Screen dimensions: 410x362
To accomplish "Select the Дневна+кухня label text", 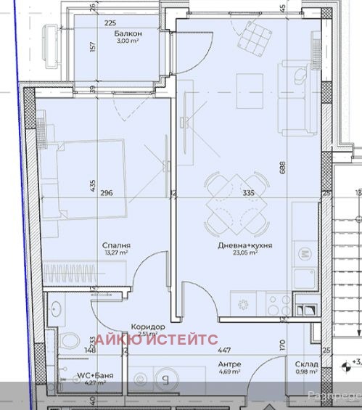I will point(245,246).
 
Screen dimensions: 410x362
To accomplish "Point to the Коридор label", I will point(144,327).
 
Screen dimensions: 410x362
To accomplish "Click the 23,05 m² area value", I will point(245,255).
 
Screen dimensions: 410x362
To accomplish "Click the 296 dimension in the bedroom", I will point(108,193).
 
